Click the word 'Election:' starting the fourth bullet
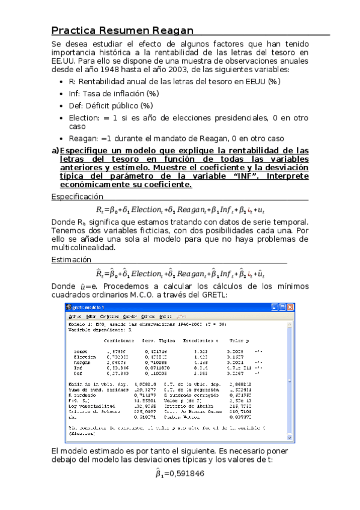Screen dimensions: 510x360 click(x=86, y=118)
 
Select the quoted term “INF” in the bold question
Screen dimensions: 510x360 click(x=237, y=176)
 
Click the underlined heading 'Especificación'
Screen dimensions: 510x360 click(x=77, y=197)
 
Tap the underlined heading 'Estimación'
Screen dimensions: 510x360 click(x=72, y=260)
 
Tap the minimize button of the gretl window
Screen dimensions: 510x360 click(x=275, y=307)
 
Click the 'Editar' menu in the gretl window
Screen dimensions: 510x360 click(x=91, y=316)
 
